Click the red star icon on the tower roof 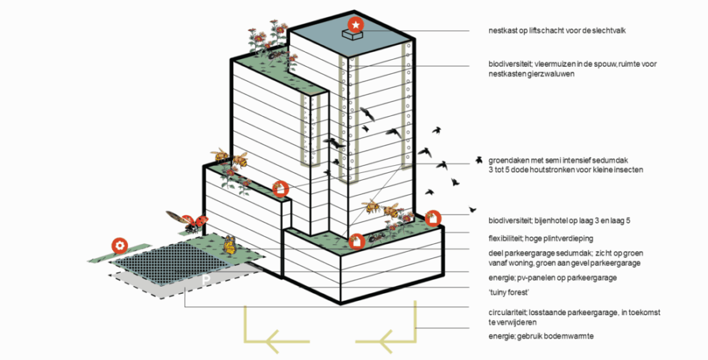(x=355, y=25)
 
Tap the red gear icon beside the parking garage (x=120, y=245)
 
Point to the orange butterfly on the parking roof (x=229, y=244)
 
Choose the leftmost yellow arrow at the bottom (x=277, y=341)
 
